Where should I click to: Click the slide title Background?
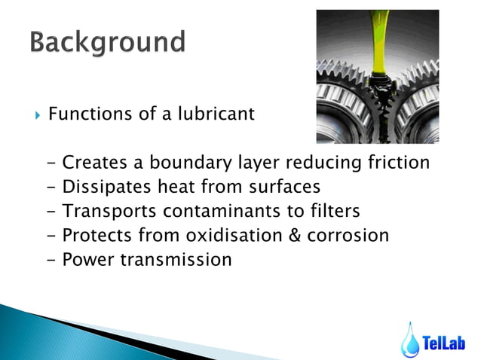click(x=108, y=41)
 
